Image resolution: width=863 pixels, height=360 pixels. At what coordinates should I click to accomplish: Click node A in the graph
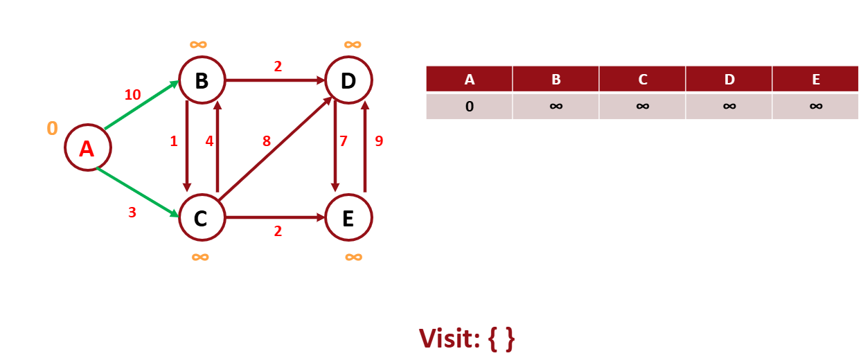click(x=87, y=148)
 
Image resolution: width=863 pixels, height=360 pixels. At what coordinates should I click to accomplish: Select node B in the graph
click(x=202, y=80)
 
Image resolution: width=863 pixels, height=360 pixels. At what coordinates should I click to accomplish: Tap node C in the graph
click(x=201, y=218)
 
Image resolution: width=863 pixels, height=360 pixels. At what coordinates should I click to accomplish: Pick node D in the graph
click(x=348, y=80)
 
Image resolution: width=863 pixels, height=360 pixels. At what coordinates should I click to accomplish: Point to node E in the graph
click(x=348, y=218)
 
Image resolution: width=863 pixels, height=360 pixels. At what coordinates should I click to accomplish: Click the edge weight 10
click(x=132, y=94)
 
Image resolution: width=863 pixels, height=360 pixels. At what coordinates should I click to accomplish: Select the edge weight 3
click(x=132, y=213)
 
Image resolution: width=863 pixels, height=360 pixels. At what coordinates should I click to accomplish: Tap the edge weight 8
click(x=266, y=141)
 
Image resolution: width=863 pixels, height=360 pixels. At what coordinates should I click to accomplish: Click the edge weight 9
click(x=379, y=141)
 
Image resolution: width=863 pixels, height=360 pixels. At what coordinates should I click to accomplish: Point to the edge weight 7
click(x=343, y=141)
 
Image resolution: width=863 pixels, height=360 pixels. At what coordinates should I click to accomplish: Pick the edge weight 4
click(x=208, y=141)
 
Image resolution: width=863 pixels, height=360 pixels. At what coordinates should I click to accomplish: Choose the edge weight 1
click(x=173, y=141)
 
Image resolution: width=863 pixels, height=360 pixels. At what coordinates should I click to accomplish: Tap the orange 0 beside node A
click(x=52, y=129)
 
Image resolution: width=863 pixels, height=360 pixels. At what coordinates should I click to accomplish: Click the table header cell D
click(x=729, y=79)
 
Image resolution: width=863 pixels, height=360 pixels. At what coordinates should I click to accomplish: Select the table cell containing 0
click(x=469, y=107)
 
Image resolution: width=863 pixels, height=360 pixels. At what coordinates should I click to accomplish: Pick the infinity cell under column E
click(x=815, y=107)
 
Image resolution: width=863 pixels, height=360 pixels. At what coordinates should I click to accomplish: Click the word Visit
click(x=449, y=339)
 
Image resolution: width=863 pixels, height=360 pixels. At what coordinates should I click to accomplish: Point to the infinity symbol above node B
click(x=198, y=45)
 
